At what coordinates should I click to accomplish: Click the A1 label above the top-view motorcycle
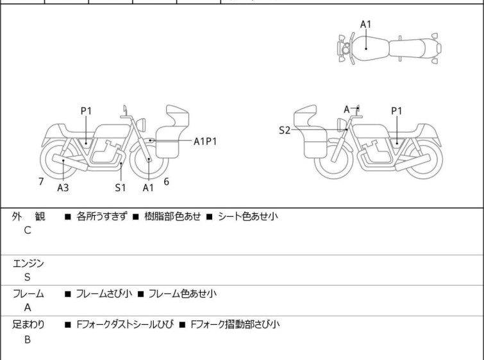(365, 24)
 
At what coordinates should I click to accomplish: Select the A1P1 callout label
(205, 142)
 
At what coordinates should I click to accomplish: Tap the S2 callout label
(285, 130)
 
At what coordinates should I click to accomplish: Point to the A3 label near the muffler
(63, 187)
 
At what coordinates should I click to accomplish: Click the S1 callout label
(121, 187)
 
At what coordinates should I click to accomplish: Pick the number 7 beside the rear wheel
(41, 182)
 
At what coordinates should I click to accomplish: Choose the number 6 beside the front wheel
(166, 182)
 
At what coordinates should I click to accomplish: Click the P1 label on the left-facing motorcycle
(86, 110)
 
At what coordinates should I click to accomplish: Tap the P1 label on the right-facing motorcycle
(397, 110)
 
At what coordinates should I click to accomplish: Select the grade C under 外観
(27, 231)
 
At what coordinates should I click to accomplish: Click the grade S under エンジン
(27, 277)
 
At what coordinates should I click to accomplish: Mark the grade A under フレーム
(27, 308)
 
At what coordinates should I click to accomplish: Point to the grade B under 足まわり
(27, 339)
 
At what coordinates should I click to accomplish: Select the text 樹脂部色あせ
(172, 216)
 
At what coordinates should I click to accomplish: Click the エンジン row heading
(28, 263)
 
